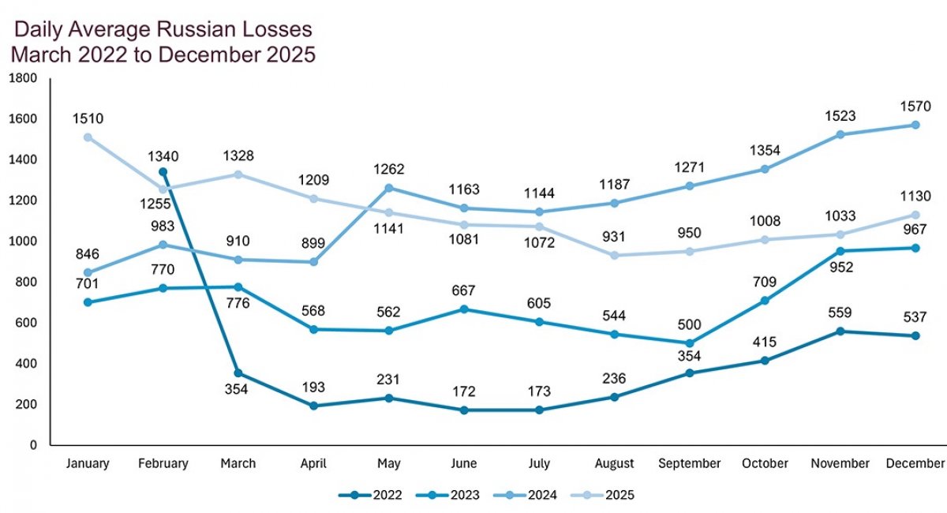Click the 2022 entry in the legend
point(370,496)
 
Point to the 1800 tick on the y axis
point(23,78)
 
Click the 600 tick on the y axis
point(28,323)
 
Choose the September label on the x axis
point(690,463)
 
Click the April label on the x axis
point(314,463)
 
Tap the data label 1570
point(915,105)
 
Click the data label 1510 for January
point(88,119)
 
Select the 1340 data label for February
point(163,152)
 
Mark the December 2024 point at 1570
point(915,125)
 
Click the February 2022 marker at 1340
point(163,171)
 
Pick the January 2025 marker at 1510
point(88,137)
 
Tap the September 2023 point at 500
point(690,343)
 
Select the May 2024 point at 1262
point(389,188)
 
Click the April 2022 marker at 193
point(314,406)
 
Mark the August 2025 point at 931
point(615,255)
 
